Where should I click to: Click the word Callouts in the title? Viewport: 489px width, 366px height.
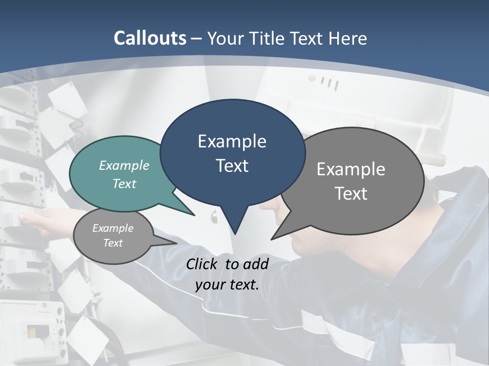click(x=150, y=38)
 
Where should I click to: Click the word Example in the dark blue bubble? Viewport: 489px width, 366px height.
click(x=232, y=141)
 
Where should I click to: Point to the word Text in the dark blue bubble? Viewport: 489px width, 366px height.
click(x=232, y=166)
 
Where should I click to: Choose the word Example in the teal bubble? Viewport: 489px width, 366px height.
click(x=124, y=165)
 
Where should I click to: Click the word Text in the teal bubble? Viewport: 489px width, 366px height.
click(x=124, y=184)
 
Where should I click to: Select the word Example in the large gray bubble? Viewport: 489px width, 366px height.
click(x=351, y=169)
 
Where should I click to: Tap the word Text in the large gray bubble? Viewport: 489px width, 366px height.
click(x=351, y=194)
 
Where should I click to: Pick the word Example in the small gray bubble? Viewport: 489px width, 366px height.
click(x=113, y=228)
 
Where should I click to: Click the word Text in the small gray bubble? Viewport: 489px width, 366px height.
click(x=113, y=243)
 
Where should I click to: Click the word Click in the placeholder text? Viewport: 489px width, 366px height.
click(x=203, y=264)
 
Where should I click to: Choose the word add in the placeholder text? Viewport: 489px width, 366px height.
click(x=256, y=264)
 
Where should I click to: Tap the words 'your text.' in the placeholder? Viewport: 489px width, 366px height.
click(x=227, y=285)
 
